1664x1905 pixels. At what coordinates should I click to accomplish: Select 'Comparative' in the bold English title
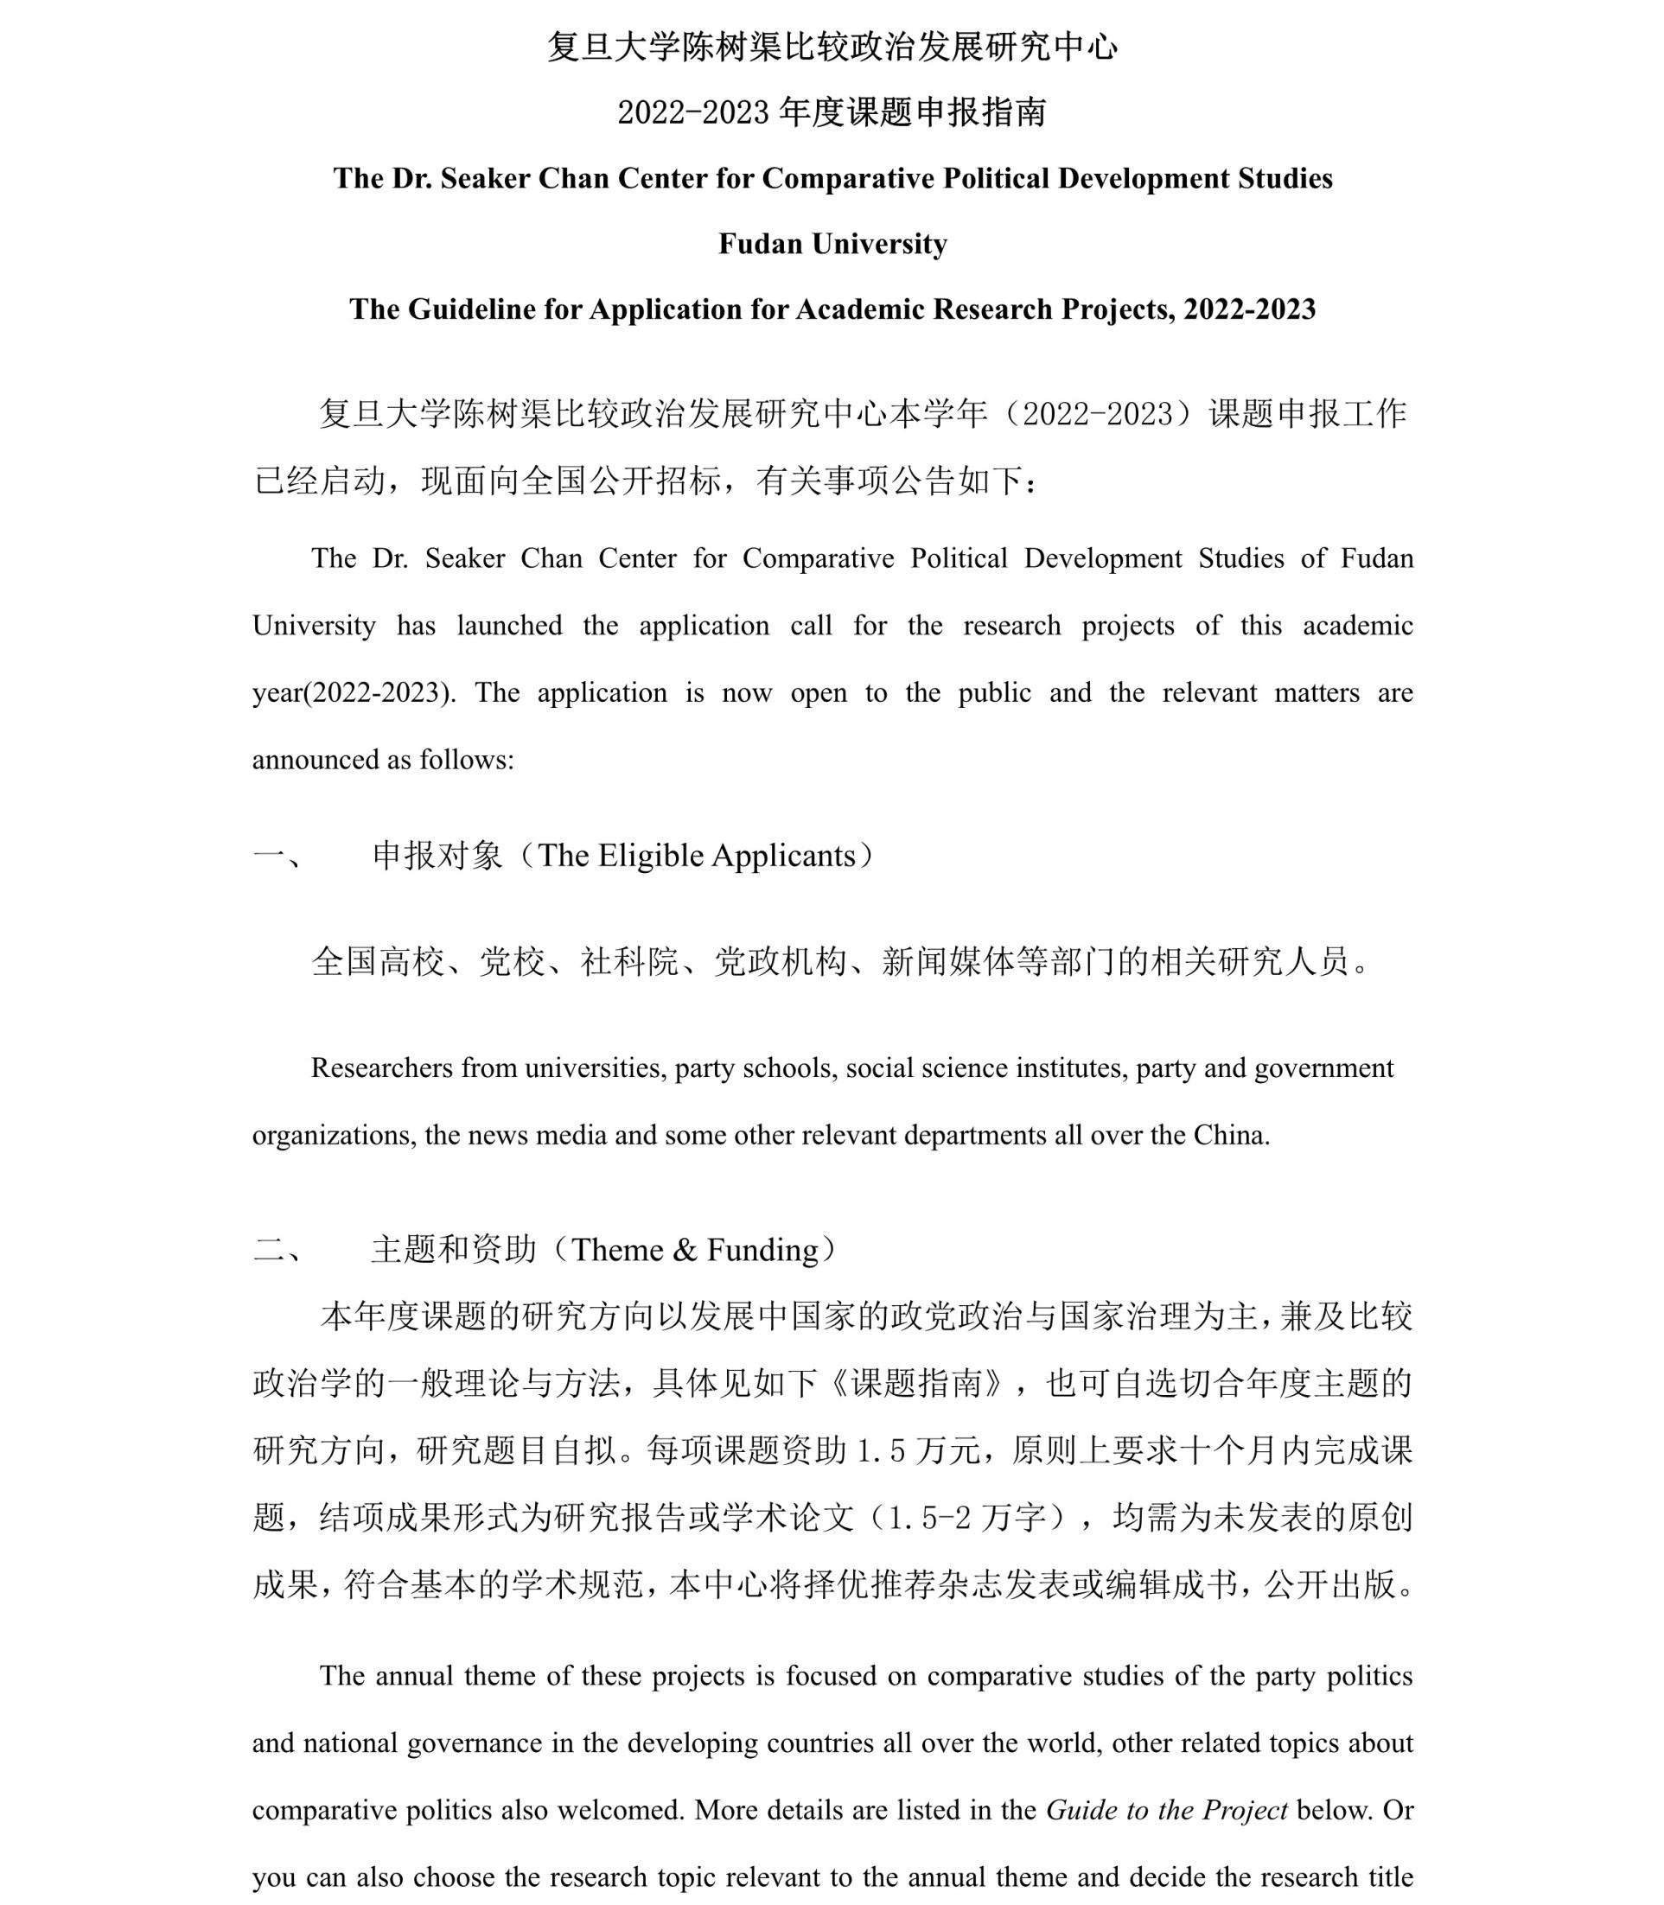click(x=847, y=178)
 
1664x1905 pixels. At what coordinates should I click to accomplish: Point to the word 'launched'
click(x=509, y=626)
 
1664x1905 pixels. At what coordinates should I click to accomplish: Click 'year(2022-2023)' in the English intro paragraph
click(x=354, y=692)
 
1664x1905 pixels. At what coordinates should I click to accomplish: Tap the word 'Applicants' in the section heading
click(x=783, y=855)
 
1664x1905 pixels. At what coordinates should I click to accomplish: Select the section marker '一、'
click(x=277, y=855)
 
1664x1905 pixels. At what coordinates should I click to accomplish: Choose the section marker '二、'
click(x=277, y=1250)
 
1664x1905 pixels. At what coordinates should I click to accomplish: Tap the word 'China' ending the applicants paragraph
click(x=1229, y=1135)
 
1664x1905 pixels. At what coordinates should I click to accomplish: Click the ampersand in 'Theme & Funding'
click(x=685, y=1250)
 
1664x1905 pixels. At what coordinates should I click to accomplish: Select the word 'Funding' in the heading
click(x=762, y=1250)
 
